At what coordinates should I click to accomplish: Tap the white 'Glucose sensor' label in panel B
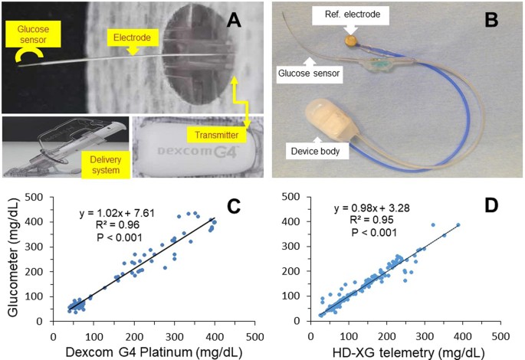(304, 74)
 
